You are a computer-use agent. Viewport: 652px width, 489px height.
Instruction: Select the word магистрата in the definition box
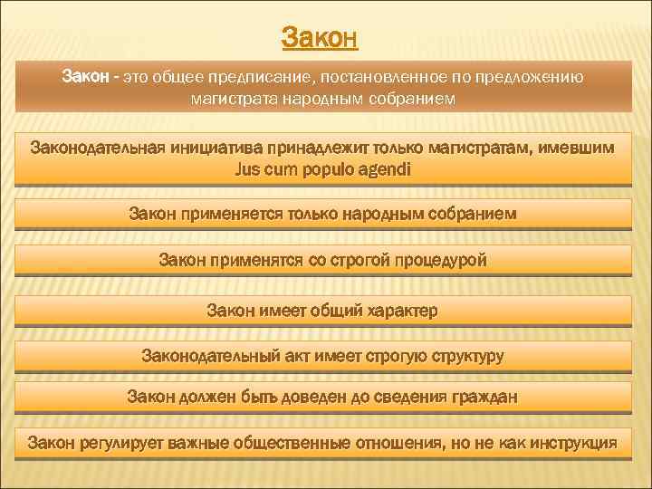coord(228,97)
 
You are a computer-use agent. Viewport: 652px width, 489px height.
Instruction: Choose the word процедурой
coord(440,261)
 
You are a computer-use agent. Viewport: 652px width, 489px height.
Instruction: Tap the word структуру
coord(463,355)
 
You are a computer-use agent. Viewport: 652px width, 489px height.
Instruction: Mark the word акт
coord(289,355)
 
